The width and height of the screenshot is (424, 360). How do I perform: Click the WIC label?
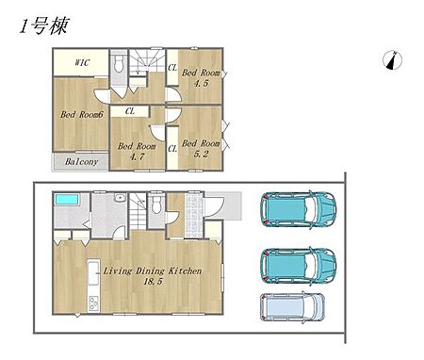[x=82, y=62]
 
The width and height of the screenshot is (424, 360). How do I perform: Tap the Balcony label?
[x=81, y=162]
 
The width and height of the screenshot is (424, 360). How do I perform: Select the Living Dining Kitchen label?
[x=153, y=270]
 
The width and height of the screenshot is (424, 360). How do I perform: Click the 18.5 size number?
[x=153, y=281]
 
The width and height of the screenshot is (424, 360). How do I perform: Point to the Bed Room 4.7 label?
[x=137, y=151]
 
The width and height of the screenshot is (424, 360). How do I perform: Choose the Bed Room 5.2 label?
[x=201, y=149]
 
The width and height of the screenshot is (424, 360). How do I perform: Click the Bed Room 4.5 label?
[x=201, y=77]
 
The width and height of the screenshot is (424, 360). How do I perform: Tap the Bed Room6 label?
[x=82, y=114]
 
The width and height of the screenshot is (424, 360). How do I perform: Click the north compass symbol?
[x=393, y=60]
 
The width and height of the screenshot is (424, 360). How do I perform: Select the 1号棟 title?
[x=43, y=25]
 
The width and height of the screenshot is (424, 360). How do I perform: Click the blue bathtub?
[x=67, y=200]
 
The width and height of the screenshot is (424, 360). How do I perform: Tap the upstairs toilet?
[x=119, y=64]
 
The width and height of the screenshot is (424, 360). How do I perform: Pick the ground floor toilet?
[x=156, y=205]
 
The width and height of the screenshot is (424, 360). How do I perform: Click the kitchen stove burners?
[x=94, y=303]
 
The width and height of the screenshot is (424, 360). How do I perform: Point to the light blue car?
[x=292, y=307]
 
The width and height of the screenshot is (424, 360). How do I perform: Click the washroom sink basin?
[x=120, y=198]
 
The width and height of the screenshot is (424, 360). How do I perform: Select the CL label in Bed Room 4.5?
[x=172, y=67]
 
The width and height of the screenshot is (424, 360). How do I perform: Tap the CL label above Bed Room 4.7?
[x=130, y=111]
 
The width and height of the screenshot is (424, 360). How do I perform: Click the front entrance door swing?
[x=214, y=206]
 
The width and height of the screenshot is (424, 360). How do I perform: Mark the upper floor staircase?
[x=147, y=62]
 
